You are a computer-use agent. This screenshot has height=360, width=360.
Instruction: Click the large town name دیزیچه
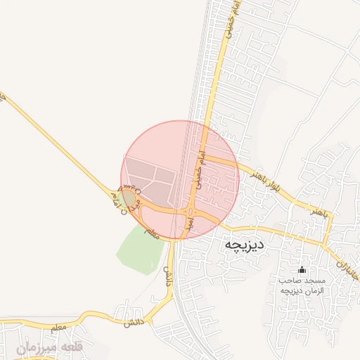pos(243,244)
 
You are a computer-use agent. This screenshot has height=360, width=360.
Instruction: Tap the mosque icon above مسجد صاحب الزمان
pos(302,269)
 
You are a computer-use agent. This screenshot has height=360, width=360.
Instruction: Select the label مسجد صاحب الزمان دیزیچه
pos(302,285)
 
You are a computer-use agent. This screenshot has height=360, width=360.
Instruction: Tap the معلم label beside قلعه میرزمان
pos(60,328)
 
